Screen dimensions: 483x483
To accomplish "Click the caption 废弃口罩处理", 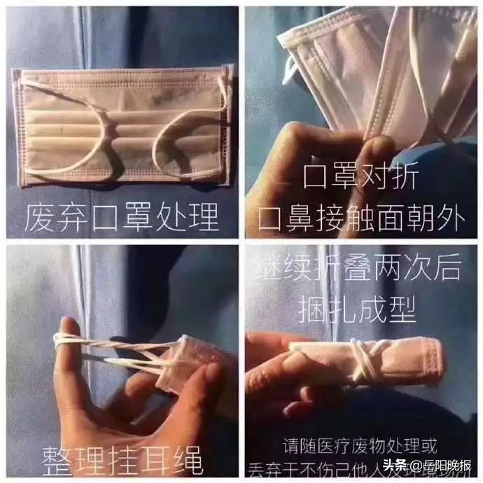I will click(121, 218).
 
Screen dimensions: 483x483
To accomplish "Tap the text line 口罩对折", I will click(361, 178).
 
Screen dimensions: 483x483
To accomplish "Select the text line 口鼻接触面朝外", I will click(361, 218).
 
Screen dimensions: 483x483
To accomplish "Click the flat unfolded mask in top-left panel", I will click(122, 126).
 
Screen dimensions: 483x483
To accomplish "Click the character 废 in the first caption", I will click(36, 218).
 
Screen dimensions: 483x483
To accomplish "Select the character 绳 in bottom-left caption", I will click(187, 461).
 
